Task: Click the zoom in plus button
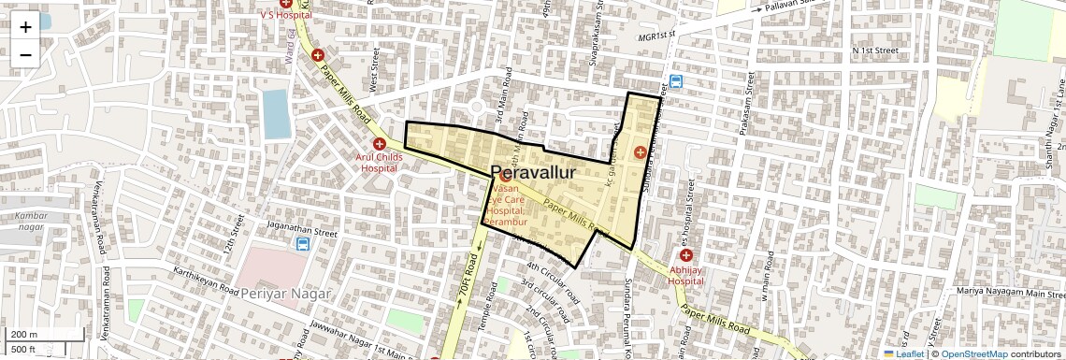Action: (25, 26)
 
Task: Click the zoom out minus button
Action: (25, 54)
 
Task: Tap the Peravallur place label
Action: (532, 173)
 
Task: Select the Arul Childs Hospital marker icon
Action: (380, 144)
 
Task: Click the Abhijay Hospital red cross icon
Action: (686, 255)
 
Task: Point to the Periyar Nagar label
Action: (286, 294)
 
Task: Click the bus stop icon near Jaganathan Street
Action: (303, 244)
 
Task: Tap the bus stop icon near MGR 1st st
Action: (675, 81)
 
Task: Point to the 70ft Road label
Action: (465, 278)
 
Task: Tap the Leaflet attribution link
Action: (905, 353)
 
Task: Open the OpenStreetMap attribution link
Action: (973, 353)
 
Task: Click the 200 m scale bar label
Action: (24, 335)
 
